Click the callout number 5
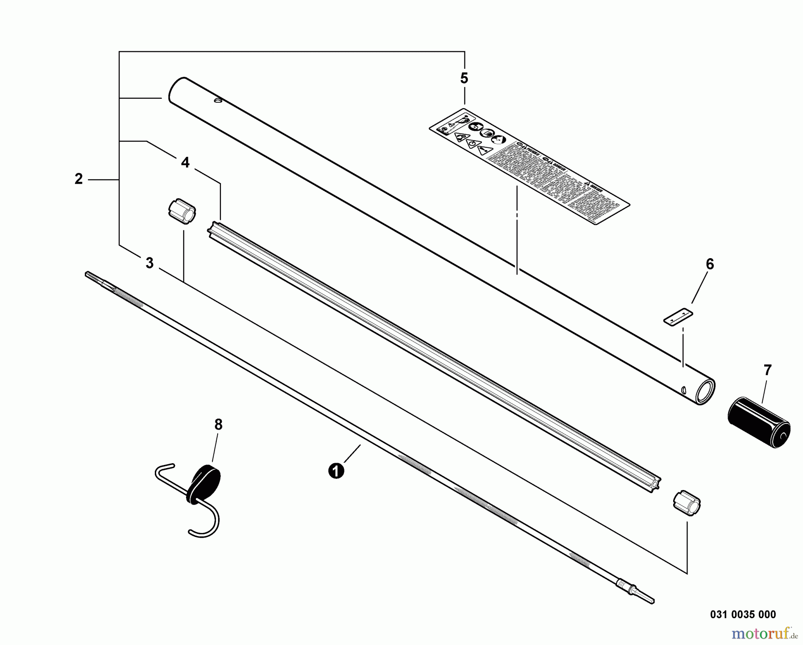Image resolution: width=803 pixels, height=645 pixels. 464,79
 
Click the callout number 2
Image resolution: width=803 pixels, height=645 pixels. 79,180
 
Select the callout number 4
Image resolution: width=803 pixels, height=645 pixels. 185,163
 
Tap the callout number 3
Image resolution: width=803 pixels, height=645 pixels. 149,263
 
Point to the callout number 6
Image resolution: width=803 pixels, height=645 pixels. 709,264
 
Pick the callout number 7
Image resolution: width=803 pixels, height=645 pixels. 767,370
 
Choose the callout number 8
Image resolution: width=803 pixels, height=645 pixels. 218,424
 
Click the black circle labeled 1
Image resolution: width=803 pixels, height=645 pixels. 336,471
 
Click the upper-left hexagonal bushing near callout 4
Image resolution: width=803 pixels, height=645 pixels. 182,210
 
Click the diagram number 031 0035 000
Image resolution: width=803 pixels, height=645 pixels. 743,614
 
